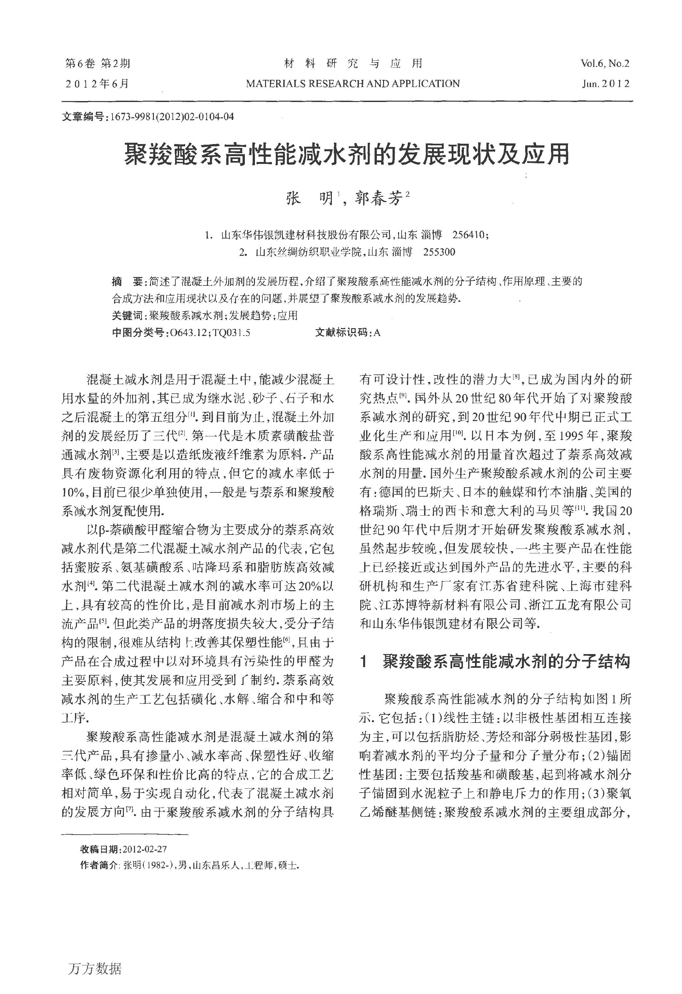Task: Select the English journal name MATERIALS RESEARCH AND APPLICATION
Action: (352, 84)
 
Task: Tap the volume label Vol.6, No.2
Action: (604, 64)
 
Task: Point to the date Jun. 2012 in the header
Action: (605, 84)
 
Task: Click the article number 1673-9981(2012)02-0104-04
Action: (172, 116)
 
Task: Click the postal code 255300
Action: (439, 252)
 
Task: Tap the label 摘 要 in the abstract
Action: (127, 282)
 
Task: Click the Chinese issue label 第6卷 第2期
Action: (97, 64)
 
